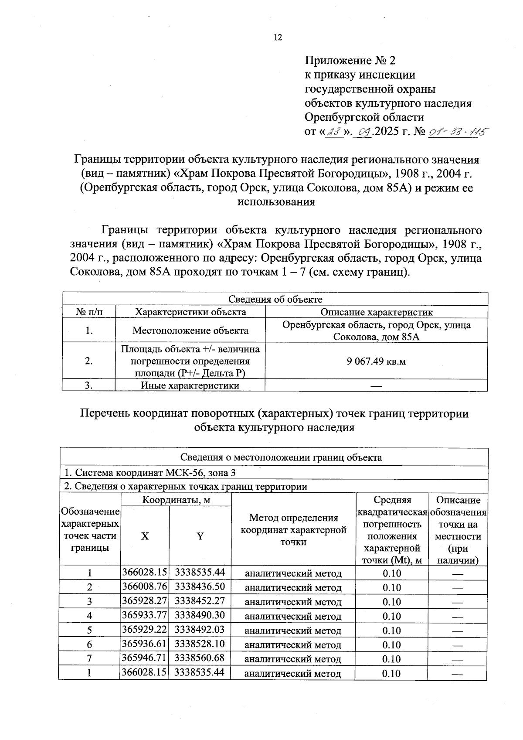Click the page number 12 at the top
[278, 38]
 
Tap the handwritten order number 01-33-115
[458, 131]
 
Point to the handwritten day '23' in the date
[334, 131]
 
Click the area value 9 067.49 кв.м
[376, 361]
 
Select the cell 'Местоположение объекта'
[190, 331]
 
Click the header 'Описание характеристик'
[376, 312]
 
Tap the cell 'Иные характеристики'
[190, 385]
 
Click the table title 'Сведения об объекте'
[275, 299]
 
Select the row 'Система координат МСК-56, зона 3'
[150, 473]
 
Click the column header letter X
[145, 536]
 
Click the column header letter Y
[200, 536]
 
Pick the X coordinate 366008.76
[144, 587]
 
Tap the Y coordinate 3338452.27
[200, 601]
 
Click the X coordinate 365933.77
[144, 615]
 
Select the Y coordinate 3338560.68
[200, 658]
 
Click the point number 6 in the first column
[89, 645]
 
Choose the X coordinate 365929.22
[144, 630]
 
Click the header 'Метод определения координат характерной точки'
[293, 529]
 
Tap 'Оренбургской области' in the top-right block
[364, 117]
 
